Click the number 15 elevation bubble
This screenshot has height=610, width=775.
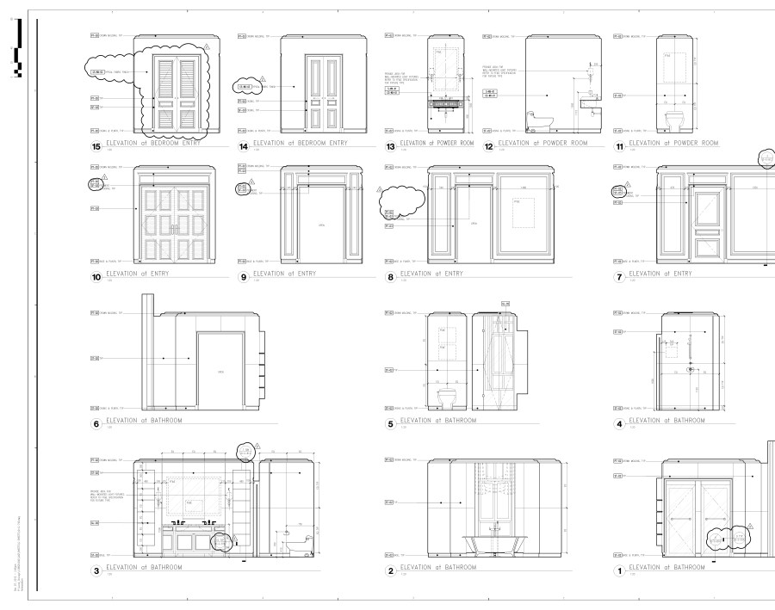[96, 146]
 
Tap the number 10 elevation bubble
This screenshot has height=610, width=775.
[96, 278]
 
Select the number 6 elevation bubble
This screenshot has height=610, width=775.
[96, 424]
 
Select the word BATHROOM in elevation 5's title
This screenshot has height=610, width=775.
[451, 421]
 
